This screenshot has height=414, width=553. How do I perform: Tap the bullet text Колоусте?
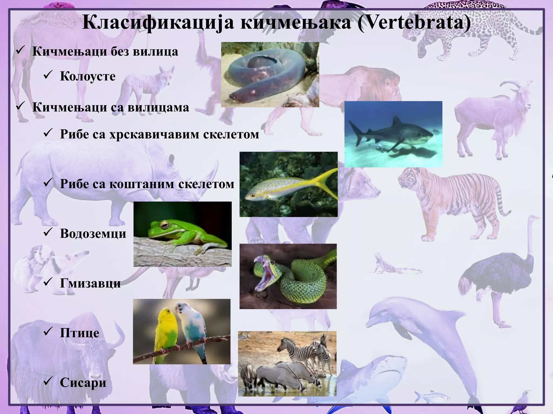88,76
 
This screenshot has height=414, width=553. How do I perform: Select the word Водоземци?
93,233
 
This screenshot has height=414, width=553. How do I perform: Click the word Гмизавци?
90,283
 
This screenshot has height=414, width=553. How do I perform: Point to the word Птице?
79,333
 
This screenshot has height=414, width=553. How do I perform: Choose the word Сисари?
83,382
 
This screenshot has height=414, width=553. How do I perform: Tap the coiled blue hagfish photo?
270,74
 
